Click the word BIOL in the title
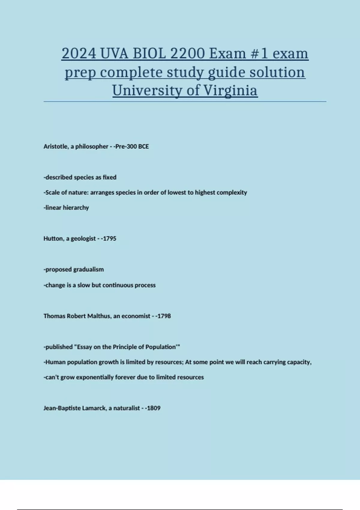coord(149,54)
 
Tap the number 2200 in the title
coord(187,54)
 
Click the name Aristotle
coord(55,146)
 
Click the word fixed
coord(109,177)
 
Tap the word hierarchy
coord(76,208)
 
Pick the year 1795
coord(109,238)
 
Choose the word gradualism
coord(88,269)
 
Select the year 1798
coord(164,316)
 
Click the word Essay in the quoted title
coord(84,347)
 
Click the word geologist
coord(83,238)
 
